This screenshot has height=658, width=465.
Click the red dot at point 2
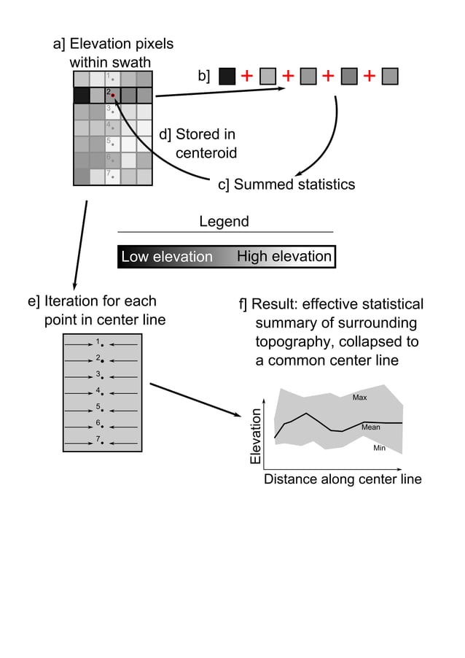click(113, 95)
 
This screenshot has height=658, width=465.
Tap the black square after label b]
click(227, 76)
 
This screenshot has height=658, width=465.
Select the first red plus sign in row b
click(247, 76)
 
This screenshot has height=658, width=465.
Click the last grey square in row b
click(390, 76)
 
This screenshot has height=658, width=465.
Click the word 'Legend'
click(224, 222)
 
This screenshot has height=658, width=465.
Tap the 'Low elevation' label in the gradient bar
click(167, 257)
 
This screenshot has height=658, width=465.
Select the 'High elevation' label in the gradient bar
click(284, 257)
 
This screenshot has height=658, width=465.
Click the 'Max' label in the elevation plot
click(359, 398)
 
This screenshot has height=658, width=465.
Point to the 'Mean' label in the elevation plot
click(370, 427)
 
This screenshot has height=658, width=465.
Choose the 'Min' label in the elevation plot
click(379, 448)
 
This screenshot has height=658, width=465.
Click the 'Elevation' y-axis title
click(256, 436)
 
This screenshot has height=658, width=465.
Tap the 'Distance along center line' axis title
click(342, 479)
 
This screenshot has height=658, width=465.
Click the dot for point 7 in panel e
click(103, 443)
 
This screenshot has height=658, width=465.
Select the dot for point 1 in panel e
click(103, 344)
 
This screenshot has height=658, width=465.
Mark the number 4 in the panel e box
click(98, 390)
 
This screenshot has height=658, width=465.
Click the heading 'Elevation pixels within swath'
click(113, 53)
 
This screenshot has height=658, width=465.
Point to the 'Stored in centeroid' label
click(198, 144)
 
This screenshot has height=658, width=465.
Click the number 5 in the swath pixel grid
click(109, 140)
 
